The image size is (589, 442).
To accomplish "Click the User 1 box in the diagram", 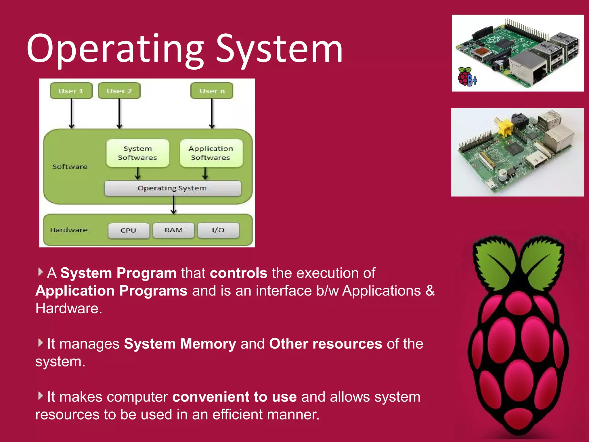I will pos(71,91).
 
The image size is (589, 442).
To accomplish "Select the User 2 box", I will pos(119,91).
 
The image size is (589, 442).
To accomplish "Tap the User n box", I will pos(212,91).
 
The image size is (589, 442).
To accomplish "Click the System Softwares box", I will pos(137,153).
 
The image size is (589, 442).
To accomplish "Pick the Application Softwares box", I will pos(211,153).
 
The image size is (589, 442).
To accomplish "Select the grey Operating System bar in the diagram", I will pos(173,188).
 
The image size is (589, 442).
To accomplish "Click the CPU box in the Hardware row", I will pos(129,230).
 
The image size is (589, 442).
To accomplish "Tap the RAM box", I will pos(174,230).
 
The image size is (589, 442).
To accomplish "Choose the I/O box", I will pos(218,230).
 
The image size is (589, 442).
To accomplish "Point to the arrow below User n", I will pos(212,114).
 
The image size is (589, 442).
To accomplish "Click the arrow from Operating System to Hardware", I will pos(173,205).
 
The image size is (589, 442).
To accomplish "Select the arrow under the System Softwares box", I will pos(138,174).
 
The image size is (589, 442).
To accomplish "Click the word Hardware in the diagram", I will pos(69,230).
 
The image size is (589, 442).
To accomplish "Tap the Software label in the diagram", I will pos(70,167).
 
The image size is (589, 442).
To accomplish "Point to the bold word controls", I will pos(238,273).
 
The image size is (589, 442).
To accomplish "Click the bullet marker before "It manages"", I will pos(41,343).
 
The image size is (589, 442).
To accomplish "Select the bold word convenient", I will pos(211,397).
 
